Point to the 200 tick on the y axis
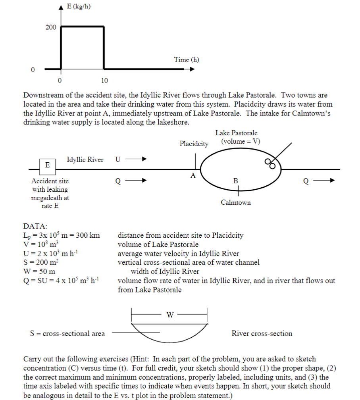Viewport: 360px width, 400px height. point(50,27)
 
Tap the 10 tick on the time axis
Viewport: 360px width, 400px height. point(104,81)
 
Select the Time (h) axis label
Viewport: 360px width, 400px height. point(187,60)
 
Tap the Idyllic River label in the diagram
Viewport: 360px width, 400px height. point(85,160)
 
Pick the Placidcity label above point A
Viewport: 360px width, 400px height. point(194,144)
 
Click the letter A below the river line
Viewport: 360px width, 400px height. point(193,176)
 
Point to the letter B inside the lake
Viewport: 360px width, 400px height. point(236,181)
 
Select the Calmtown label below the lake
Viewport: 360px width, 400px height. point(236,202)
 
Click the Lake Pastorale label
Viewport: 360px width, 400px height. point(237,133)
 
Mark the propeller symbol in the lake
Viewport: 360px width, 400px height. point(270,163)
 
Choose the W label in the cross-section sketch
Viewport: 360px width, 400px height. point(170,315)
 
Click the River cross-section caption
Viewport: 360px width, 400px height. point(262,333)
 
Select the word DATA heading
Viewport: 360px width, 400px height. point(35,226)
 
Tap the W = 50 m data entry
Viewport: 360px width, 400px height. point(39,271)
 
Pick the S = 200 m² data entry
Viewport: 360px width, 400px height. point(41,262)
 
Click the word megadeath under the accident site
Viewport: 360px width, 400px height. point(50,198)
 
